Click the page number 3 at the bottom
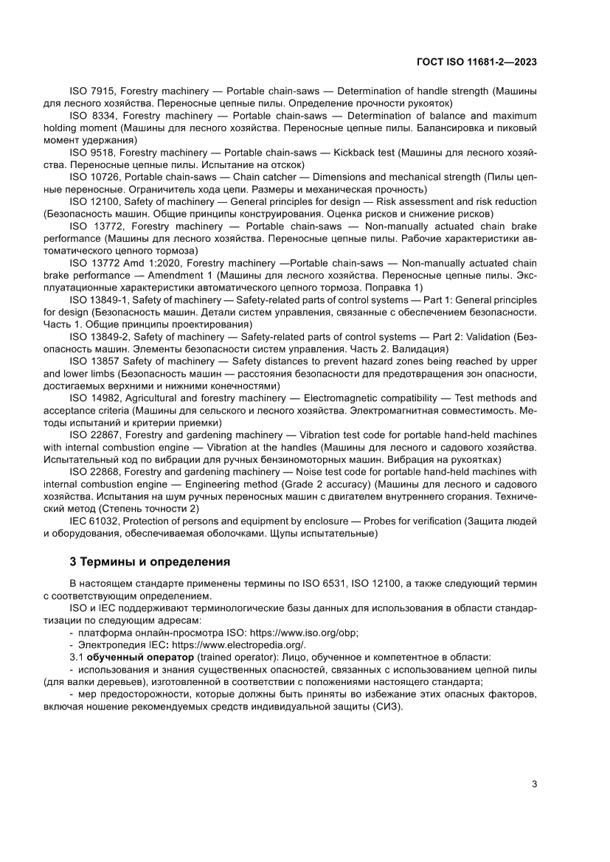534,784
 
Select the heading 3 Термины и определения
149,562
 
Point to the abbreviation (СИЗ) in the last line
384,706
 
